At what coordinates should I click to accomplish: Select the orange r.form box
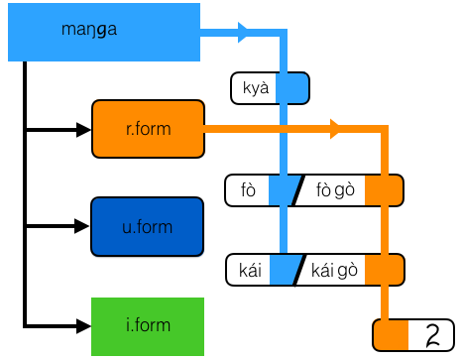[x=148, y=129]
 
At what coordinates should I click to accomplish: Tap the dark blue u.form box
[x=148, y=227]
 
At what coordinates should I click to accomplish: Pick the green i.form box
[x=148, y=325]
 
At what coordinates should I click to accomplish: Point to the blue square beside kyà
[x=291, y=88]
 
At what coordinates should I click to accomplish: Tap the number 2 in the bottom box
[x=431, y=335]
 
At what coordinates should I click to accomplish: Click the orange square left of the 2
[x=391, y=335]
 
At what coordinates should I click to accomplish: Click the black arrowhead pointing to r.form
[x=82, y=129]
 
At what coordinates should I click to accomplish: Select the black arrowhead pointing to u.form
[x=82, y=227]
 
